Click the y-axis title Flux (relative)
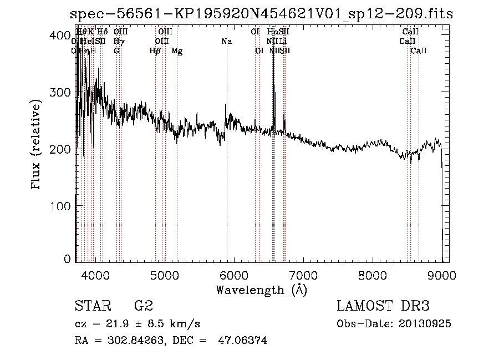click(37, 146)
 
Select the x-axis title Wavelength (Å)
click(261, 290)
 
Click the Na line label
click(226, 42)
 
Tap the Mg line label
click(177, 51)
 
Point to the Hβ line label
click(155, 51)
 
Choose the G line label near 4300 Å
click(116, 51)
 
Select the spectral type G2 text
click(143, 306)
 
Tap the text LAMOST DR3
click(383, 306)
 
